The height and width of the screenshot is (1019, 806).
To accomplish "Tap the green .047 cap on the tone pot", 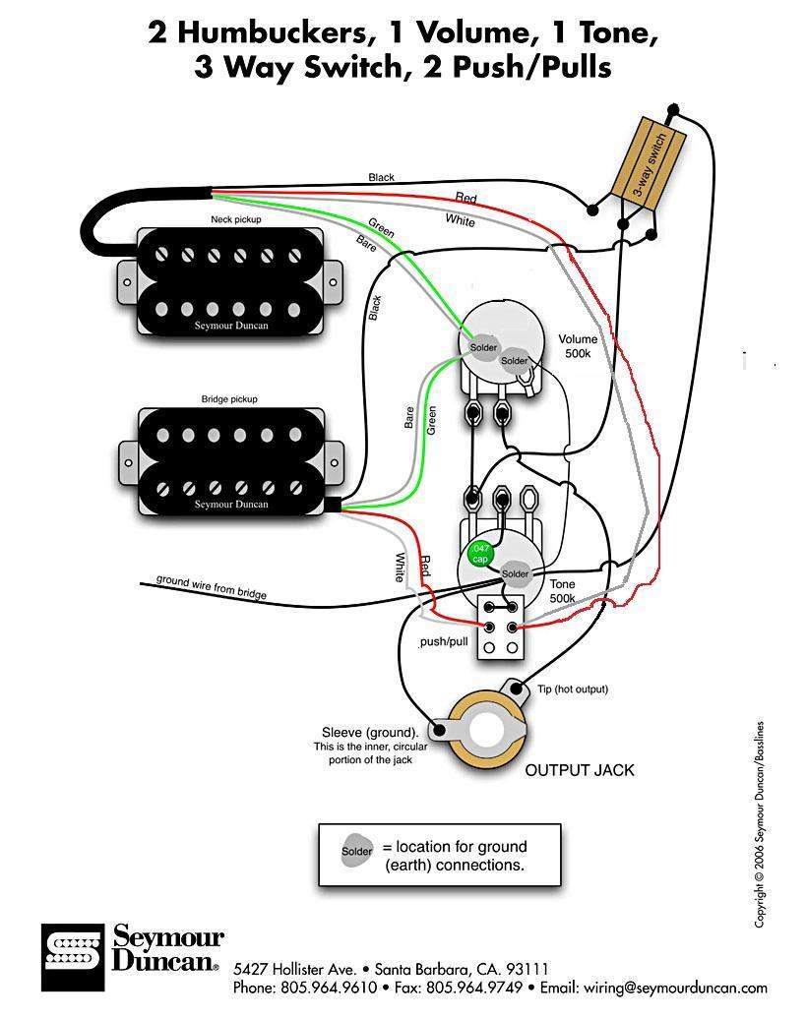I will coord(480,553).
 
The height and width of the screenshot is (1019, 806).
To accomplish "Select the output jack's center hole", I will coord(490,730).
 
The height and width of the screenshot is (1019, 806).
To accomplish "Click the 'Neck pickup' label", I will coord(235,219).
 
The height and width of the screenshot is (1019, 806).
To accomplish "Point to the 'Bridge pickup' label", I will coord(228,399).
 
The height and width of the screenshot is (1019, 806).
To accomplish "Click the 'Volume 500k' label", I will coord(578,345).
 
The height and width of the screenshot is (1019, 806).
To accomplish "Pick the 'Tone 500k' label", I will coord(563,590).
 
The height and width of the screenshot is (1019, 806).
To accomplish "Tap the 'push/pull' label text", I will coord(443,641).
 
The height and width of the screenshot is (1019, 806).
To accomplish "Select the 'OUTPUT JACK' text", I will coord(580,770).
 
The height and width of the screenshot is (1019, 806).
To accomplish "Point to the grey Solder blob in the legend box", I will coord(357,851).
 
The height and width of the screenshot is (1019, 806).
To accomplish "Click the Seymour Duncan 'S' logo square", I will coord(73,956).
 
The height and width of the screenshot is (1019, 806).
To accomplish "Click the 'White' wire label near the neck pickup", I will coord(460,221).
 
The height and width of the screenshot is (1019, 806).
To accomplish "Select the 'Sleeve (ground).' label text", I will coord(369,733).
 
